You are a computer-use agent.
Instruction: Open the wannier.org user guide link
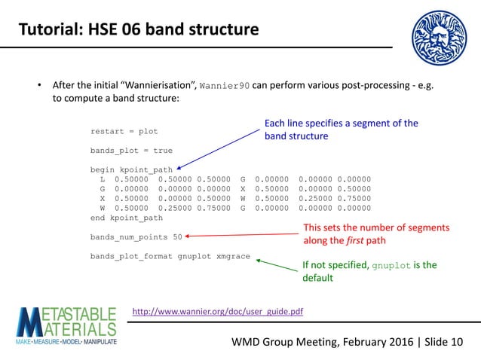[x=217, y=310]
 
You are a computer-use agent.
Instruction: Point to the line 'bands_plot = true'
[x=131, y=151]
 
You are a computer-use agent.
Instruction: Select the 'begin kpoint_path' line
[x=131, y=169]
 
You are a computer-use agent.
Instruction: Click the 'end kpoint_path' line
[x=126, y=218]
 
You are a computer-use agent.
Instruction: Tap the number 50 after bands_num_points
[x=177, y=237]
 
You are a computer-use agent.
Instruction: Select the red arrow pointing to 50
[x=241, y=234]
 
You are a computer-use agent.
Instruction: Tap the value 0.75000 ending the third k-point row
[x=354, y=199]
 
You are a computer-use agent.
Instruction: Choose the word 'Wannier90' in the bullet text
[x=224, y=84]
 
